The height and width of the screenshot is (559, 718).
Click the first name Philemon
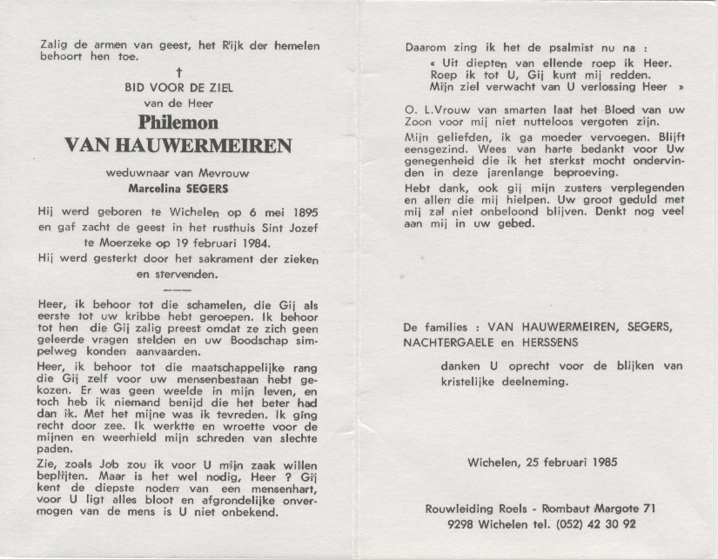(178, 123)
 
